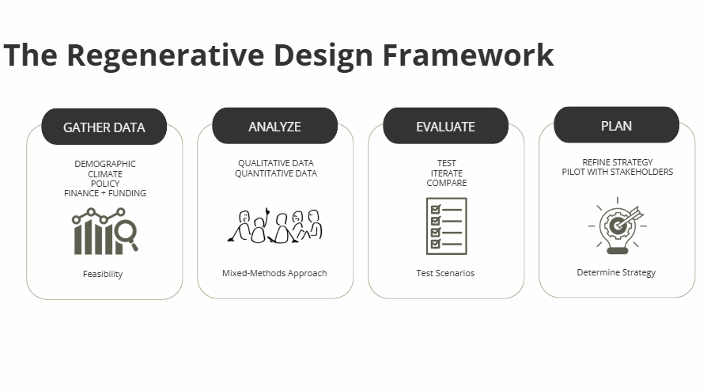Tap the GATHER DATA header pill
[104, 127]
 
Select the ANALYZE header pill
[274, 126]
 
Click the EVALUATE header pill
[445, 126]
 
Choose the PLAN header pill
[616, 125]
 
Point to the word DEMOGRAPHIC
[105, 164]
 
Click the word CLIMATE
[105, 174]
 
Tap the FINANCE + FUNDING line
[105, 193]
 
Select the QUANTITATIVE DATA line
[276, 173]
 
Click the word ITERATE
[447, 173]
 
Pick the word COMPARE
[447, 183]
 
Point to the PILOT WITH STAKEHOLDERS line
[618, 172]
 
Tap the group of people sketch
[275, 226]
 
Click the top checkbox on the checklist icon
[436, 210]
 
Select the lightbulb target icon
[618, 226]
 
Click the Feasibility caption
[103, 274]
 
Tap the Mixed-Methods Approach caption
[274, 273]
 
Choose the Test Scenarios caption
[445, 273]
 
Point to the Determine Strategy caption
[616, 273]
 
